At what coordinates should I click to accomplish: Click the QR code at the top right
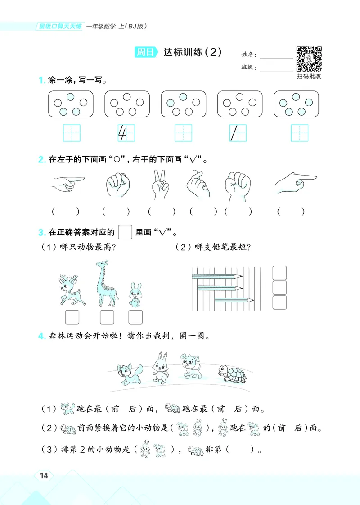pos(309,59)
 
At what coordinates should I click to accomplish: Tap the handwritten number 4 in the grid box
pos(121,133)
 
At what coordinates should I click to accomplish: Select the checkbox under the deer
pos(72,317)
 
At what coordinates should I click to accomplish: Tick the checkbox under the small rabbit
pos(135,317)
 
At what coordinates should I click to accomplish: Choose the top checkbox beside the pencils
pos(280,273)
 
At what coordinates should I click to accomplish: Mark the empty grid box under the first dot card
pos(72,133)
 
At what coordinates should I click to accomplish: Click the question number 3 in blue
pos(40,233)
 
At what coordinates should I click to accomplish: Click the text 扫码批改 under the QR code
pos(309,77)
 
